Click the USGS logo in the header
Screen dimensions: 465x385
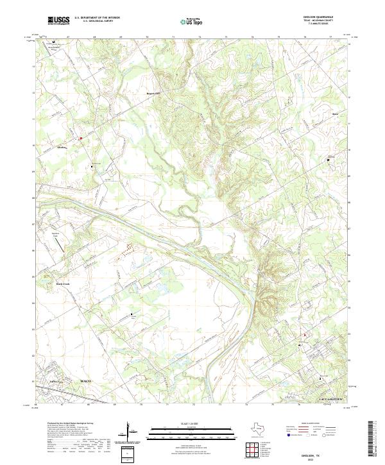pyautogui.click(x=58, y=21)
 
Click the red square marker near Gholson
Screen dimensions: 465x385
pyautogui.click(x=81, y=138)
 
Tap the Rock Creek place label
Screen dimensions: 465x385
pyautogui.click(x=62, y=283)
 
